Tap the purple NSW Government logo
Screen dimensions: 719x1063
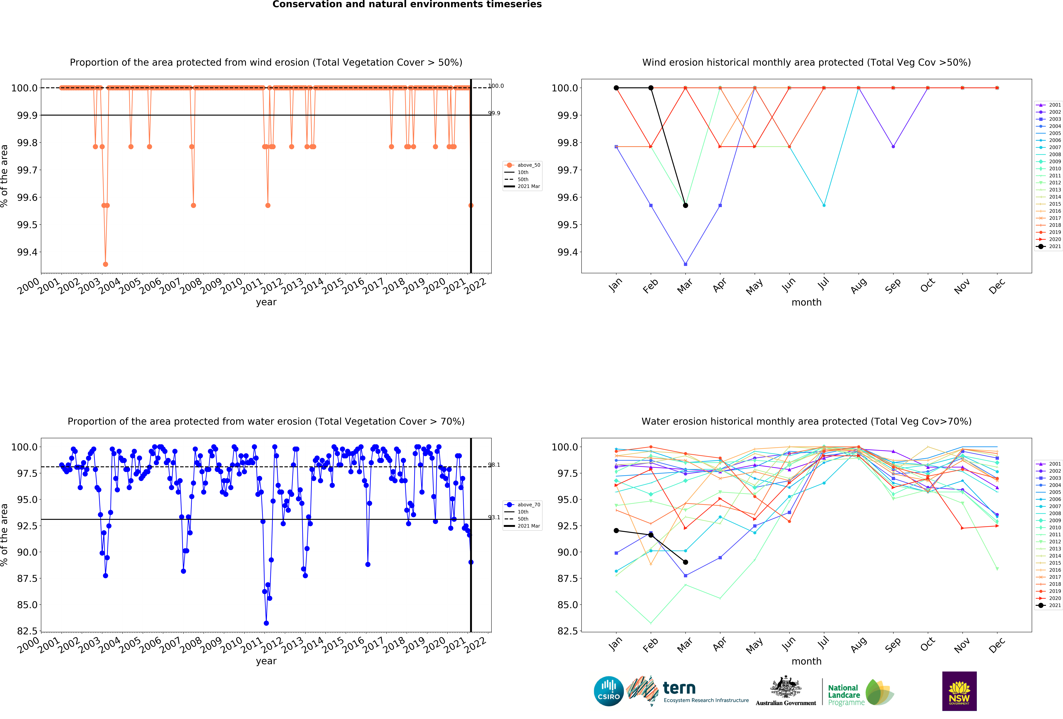tap(959, 691)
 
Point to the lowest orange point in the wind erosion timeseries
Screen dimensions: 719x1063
tap(106, 264)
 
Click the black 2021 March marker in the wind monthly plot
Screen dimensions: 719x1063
tap(685, 205)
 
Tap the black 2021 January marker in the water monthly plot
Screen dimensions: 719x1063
tap(616, 530)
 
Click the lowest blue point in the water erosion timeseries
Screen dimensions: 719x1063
tap(266, 623)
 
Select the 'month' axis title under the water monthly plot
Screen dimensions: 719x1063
tap(806, 661)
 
